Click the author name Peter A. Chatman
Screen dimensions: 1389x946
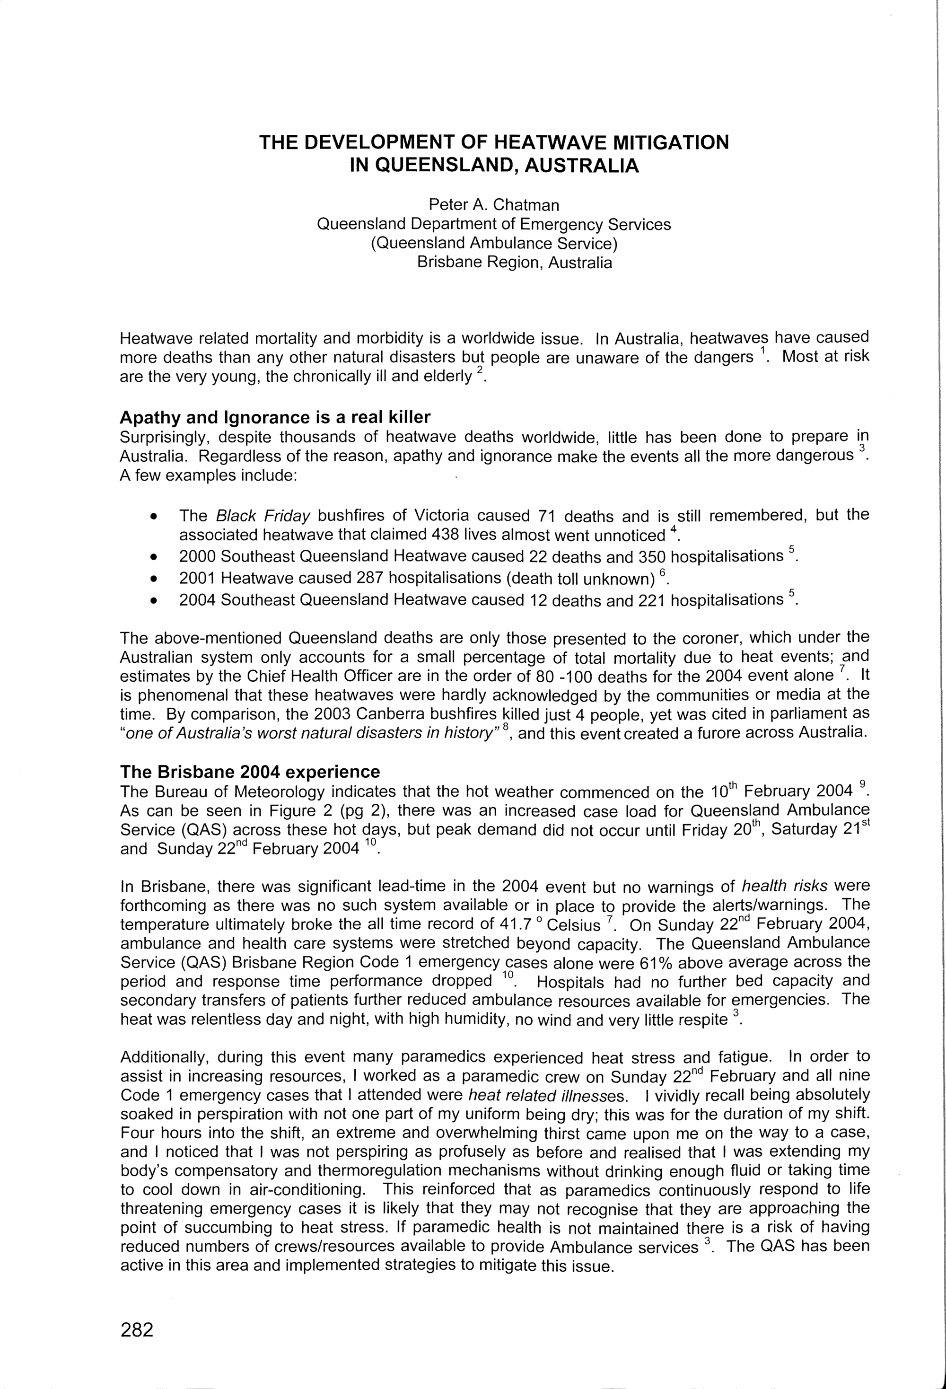click(494, 205)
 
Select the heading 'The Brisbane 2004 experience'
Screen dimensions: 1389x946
click(250, 772)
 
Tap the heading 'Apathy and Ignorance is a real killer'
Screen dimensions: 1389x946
click(275, 417)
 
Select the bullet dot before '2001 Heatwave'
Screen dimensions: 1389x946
click(155, 579)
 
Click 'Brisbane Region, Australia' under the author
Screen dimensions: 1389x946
click(515, 263)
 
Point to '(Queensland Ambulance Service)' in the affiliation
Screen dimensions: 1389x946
click(494, 243)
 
